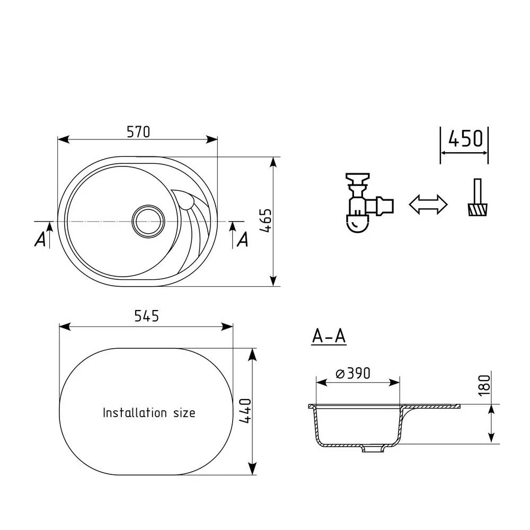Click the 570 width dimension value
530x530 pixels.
tap(139, 131)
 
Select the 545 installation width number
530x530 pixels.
tap(146, 316)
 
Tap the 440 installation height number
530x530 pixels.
tap(245, 411)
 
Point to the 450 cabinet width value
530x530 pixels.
tap(465, 138)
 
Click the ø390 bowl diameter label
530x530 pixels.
tap(352, 373)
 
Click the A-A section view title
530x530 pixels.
tap(329, 336)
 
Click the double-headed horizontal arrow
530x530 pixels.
tap(428, 204)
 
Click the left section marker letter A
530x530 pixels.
tap(40, 240)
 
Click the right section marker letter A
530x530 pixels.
tap(242, 240)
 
